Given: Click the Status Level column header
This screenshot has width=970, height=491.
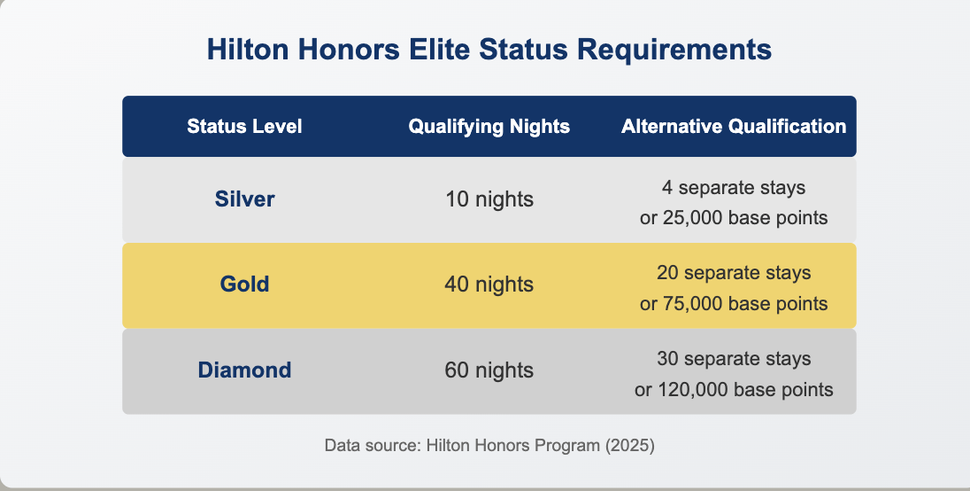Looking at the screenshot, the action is pyautogui.click(x=244, y=127).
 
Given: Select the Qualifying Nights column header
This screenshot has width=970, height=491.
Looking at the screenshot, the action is pyautogui.click(x=489, y=127).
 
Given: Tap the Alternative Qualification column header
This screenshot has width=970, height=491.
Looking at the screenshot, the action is pyautogui.click(x=734, y=127).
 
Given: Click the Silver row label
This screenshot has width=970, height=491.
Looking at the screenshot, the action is pyautogui.click(x=244, y=199).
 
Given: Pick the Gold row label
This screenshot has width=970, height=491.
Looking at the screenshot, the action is pyautogui.click(x=244, y=284).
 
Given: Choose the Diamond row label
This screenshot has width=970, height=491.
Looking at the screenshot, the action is pyautogui.click(x=244, y=370).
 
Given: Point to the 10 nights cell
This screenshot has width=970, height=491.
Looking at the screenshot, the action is pyautogui.click(x=489, y=199).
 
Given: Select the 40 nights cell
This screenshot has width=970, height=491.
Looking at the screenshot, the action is pyautogui.click(x=489, y=284).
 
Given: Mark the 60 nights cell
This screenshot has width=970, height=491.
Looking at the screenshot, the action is pyautogui.click(x=489, y=370).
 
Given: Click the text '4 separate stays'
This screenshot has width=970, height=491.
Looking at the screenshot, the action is pyautogui.click(x=734, y=187).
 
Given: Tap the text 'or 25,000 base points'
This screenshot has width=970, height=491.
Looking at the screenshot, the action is pyautogui.click(x=734, y=218).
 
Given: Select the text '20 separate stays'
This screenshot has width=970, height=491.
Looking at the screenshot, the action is pyautogui.click(x=734, y=272).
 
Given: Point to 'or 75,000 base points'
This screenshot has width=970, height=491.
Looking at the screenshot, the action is pyautogui.click(x=734, y=303).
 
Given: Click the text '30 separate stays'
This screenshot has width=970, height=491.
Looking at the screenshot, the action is pyautogui.click(x=734, y=358).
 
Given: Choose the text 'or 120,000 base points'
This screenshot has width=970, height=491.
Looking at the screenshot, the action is pyautogui.click(x=734, y=389).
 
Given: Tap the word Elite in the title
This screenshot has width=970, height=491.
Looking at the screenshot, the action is pyautogui.click(x=440, y=49).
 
